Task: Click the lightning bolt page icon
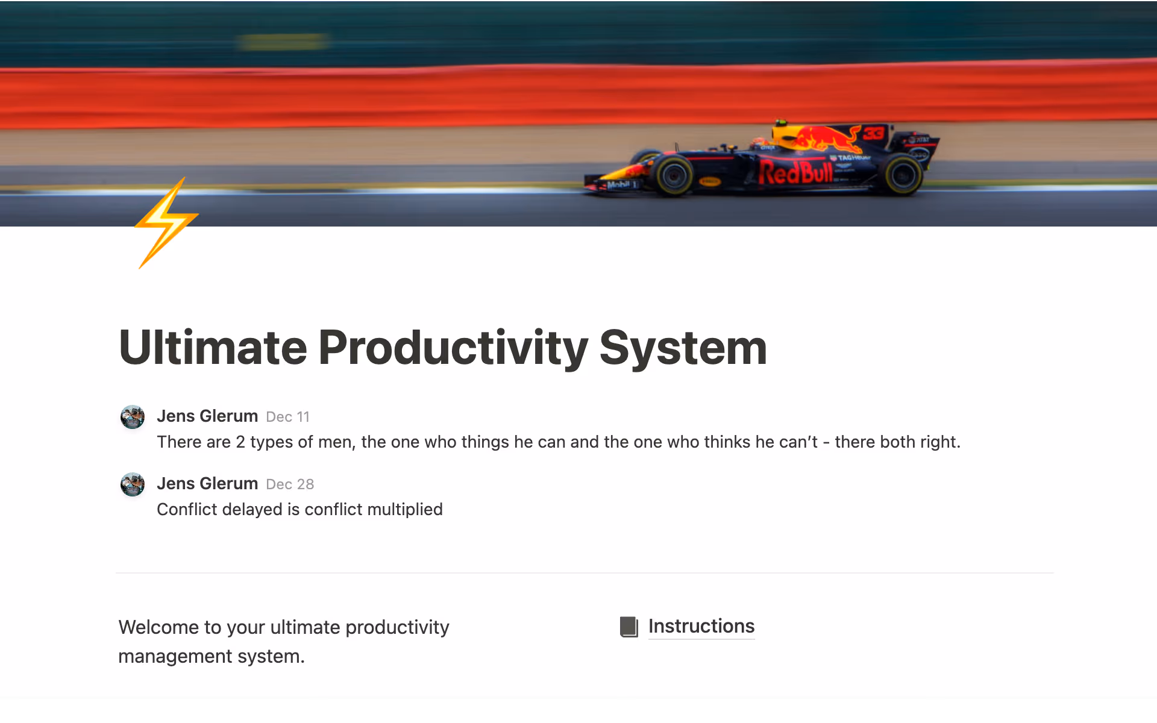[166, 223]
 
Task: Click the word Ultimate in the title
[213, 348]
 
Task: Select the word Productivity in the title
[453, 348]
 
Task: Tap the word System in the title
[683, 348]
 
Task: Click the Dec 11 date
[287, 417]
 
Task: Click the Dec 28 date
[290, 484]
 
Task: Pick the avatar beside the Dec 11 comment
[133, 417]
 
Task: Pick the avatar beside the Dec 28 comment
[133, 484]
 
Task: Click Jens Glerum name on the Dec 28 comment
[207, 484]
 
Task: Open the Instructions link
[701, 626]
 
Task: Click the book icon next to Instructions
[629, 627]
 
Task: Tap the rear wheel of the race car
[901, 175]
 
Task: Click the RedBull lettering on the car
[795, 172]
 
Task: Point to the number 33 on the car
[873, 133]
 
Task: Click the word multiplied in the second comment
[404, 510]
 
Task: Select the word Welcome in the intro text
[158, 627]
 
